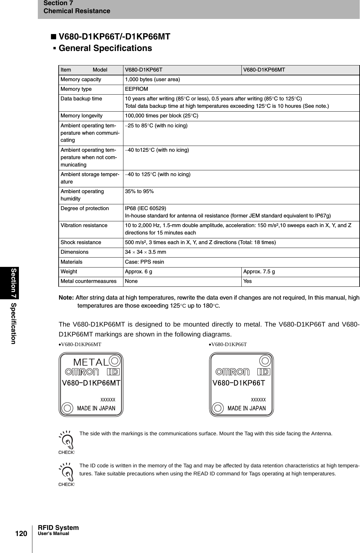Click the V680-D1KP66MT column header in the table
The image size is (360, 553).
pos(264,70)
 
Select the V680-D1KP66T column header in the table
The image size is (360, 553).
pos(143,70)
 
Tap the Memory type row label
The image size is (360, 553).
pos(76,89)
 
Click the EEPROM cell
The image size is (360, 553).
pos(136,89)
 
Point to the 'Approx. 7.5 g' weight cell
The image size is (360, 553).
pos(259,272)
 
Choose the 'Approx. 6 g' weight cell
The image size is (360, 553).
pos(138,272)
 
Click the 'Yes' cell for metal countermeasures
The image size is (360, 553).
pos(247,281)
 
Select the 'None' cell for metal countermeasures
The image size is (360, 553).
pos(131,281)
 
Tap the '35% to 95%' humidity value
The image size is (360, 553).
pos(139,191)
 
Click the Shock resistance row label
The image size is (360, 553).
pos(81,242)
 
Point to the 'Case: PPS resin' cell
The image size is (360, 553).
pos(144,262)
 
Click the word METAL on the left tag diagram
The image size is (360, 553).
pos(91,362)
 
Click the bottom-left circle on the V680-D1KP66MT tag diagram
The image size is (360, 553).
pos(67,408)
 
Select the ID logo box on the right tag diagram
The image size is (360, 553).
pos(264,372)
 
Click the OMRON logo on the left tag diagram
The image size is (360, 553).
pos(82,372)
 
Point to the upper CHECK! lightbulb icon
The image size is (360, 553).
pos(66,441)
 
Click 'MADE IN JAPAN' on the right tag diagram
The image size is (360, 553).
pos(247,408)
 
